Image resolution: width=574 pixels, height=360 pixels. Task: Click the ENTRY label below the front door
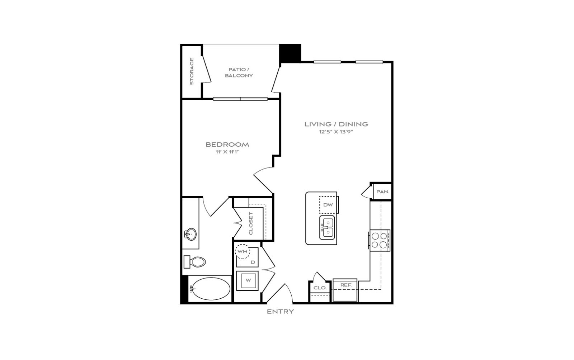280,312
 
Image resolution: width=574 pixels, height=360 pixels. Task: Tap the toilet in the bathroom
195,262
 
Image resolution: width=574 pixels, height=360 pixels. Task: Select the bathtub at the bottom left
211,289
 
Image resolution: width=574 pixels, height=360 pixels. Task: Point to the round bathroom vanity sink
190,234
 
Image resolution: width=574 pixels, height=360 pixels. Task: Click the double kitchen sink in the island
327,227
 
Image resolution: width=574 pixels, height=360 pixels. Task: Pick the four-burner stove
379,241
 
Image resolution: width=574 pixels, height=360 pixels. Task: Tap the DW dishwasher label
328,205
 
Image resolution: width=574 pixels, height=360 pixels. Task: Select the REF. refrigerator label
347,285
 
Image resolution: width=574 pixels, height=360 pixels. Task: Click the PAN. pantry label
383,191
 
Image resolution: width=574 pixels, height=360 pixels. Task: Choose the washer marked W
247,281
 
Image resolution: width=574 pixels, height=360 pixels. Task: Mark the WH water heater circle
243,251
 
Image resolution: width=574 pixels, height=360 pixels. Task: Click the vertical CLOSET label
251,223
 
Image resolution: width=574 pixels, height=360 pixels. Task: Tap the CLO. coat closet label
320,288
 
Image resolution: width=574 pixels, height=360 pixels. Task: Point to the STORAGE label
192,71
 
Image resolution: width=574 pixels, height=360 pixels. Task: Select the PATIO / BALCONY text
239,72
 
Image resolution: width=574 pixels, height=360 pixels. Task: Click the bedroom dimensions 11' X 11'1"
227,152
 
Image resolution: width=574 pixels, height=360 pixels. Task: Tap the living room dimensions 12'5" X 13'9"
336,132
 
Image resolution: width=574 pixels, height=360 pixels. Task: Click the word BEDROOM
227,145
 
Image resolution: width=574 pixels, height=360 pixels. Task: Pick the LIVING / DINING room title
336,124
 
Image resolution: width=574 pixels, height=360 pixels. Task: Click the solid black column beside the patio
290,53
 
